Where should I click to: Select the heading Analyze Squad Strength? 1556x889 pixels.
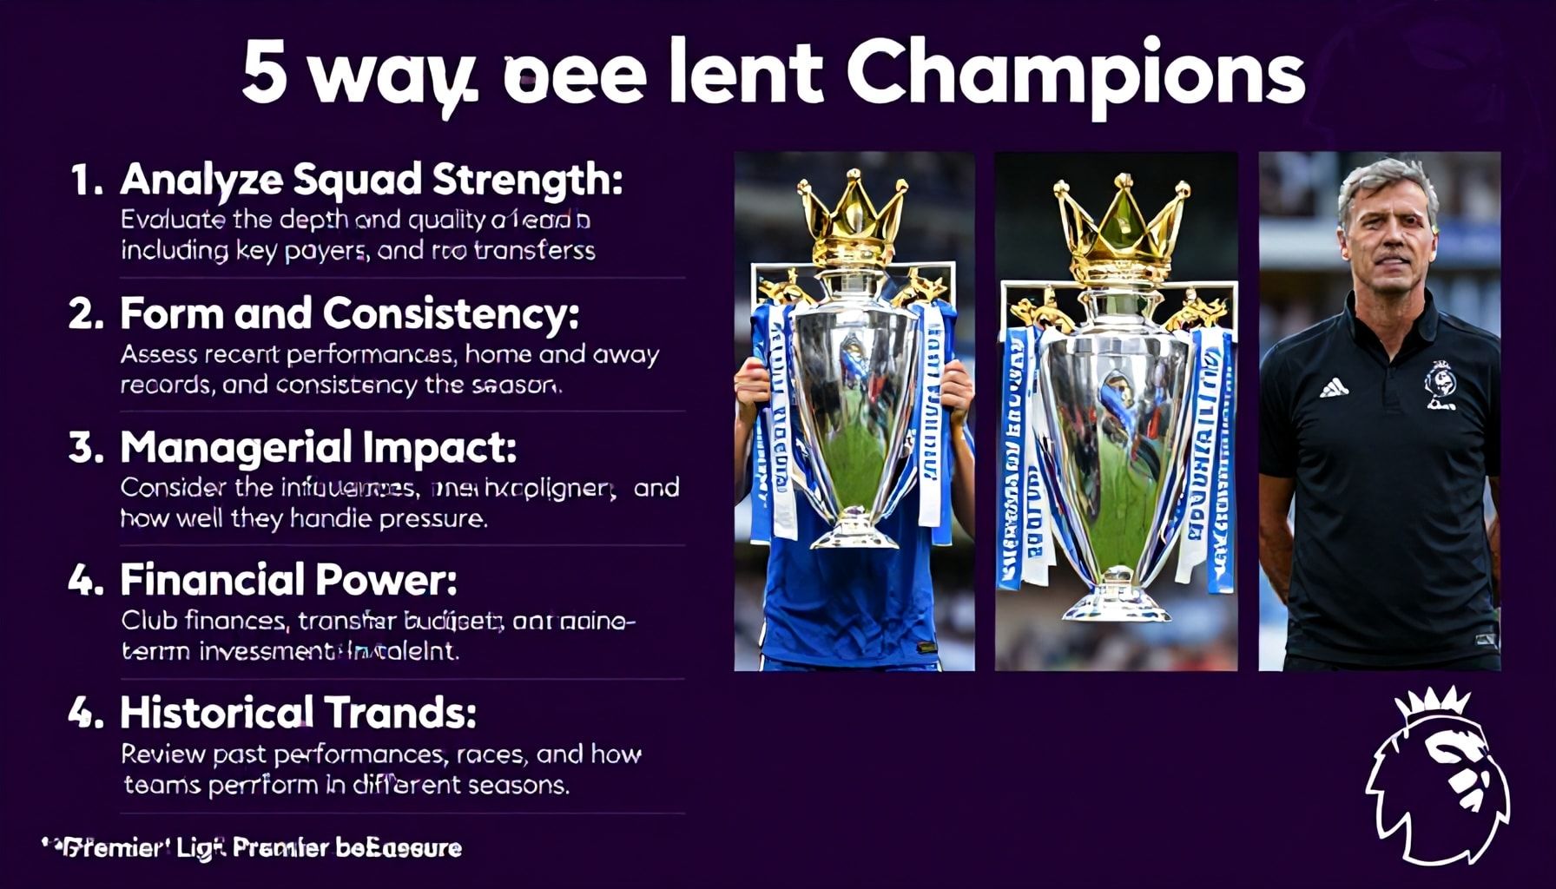tap(371, 180)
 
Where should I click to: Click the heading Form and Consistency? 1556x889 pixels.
tap(349, 313)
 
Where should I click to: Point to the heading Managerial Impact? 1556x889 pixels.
tap(318, 447)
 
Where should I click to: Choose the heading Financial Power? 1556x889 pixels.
tap(288, 580)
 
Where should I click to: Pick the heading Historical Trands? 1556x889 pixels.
tap(298, 713)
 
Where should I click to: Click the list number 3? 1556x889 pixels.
tap(86, 448)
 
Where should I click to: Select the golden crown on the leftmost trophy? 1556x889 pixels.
tap(852, 217)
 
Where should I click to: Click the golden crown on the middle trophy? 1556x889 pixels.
tap(1120, 221)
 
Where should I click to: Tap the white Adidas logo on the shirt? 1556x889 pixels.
tap(1335, 387)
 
